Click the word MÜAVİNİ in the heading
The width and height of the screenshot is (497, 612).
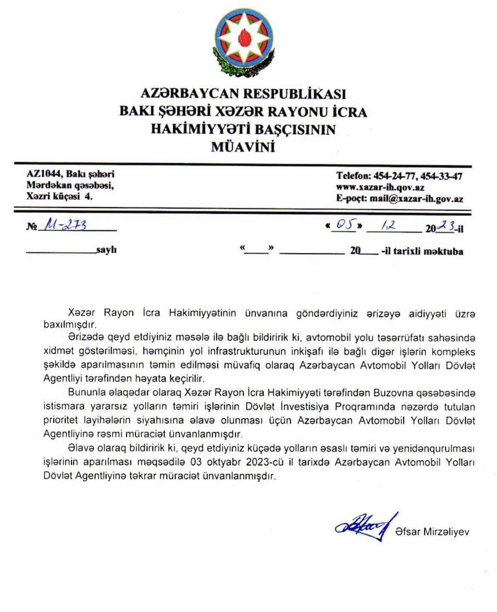(243, 147)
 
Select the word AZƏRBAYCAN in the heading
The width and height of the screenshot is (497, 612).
(191, 93)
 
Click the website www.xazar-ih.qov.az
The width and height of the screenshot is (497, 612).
(380, 187)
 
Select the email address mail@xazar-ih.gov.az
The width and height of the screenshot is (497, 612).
(416, 199)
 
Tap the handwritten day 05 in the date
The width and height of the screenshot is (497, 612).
(345, 225)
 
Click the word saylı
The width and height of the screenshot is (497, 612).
(107, 250)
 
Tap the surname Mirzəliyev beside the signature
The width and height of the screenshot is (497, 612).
(446, 532)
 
